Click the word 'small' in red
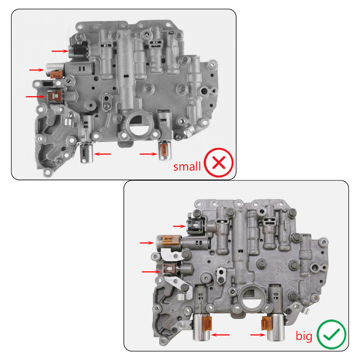click(x=187, y=166)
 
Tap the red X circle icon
click(x=219, y=163)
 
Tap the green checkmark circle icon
click(x=331, y=335)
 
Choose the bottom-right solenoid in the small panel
click(x=165, y=150)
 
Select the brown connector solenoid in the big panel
click(x=169, y=270)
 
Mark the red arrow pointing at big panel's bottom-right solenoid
click(x=258, y=335)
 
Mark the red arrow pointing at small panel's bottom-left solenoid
click(x=103, y=154)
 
